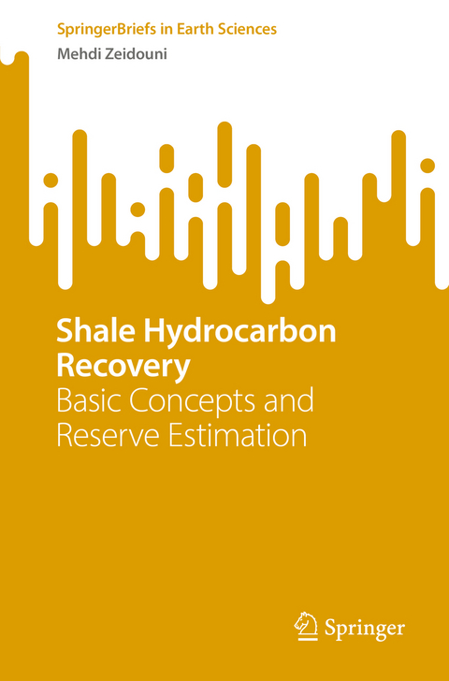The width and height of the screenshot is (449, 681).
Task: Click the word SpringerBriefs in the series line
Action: click(100, 29)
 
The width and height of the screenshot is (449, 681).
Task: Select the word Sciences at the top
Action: click(245, 29)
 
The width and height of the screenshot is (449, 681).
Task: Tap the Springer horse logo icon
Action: click(306, 626)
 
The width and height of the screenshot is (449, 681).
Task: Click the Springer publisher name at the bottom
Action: click(365, 628)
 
